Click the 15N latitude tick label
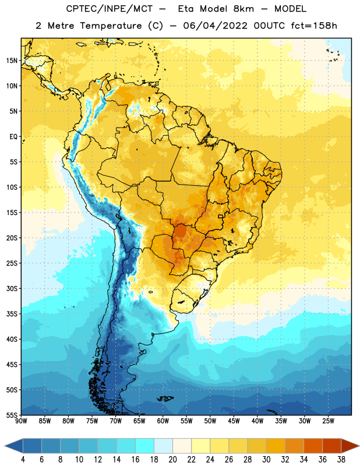click(x=12, y=61)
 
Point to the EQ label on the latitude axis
click(x=13, y=137)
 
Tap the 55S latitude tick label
click(x=12, y=415)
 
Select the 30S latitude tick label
click(x=12, y=288)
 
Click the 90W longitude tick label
click(x=21, y=421)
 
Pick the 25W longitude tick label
click(x=328, y=421)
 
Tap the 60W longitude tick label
click(x=163, y=421)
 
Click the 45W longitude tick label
click(x=234, y=421)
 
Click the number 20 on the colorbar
click(x=172, y=460)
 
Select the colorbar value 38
click(x=341, y=460)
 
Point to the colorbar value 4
click(x=23, y=460)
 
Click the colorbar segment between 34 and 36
click(x=313, y=446)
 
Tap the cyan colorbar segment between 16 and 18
click(x=144, y=446)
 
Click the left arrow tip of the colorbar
click(x=5, y=446)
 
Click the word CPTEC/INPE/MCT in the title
click(x=110, y=9)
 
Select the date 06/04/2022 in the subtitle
click(x=215, y=26)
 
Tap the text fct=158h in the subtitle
click(x=314, y=26)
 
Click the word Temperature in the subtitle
click(x=111, y=26)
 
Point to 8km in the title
click(x=243, y=9)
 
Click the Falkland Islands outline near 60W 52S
click(x=165, y=398)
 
